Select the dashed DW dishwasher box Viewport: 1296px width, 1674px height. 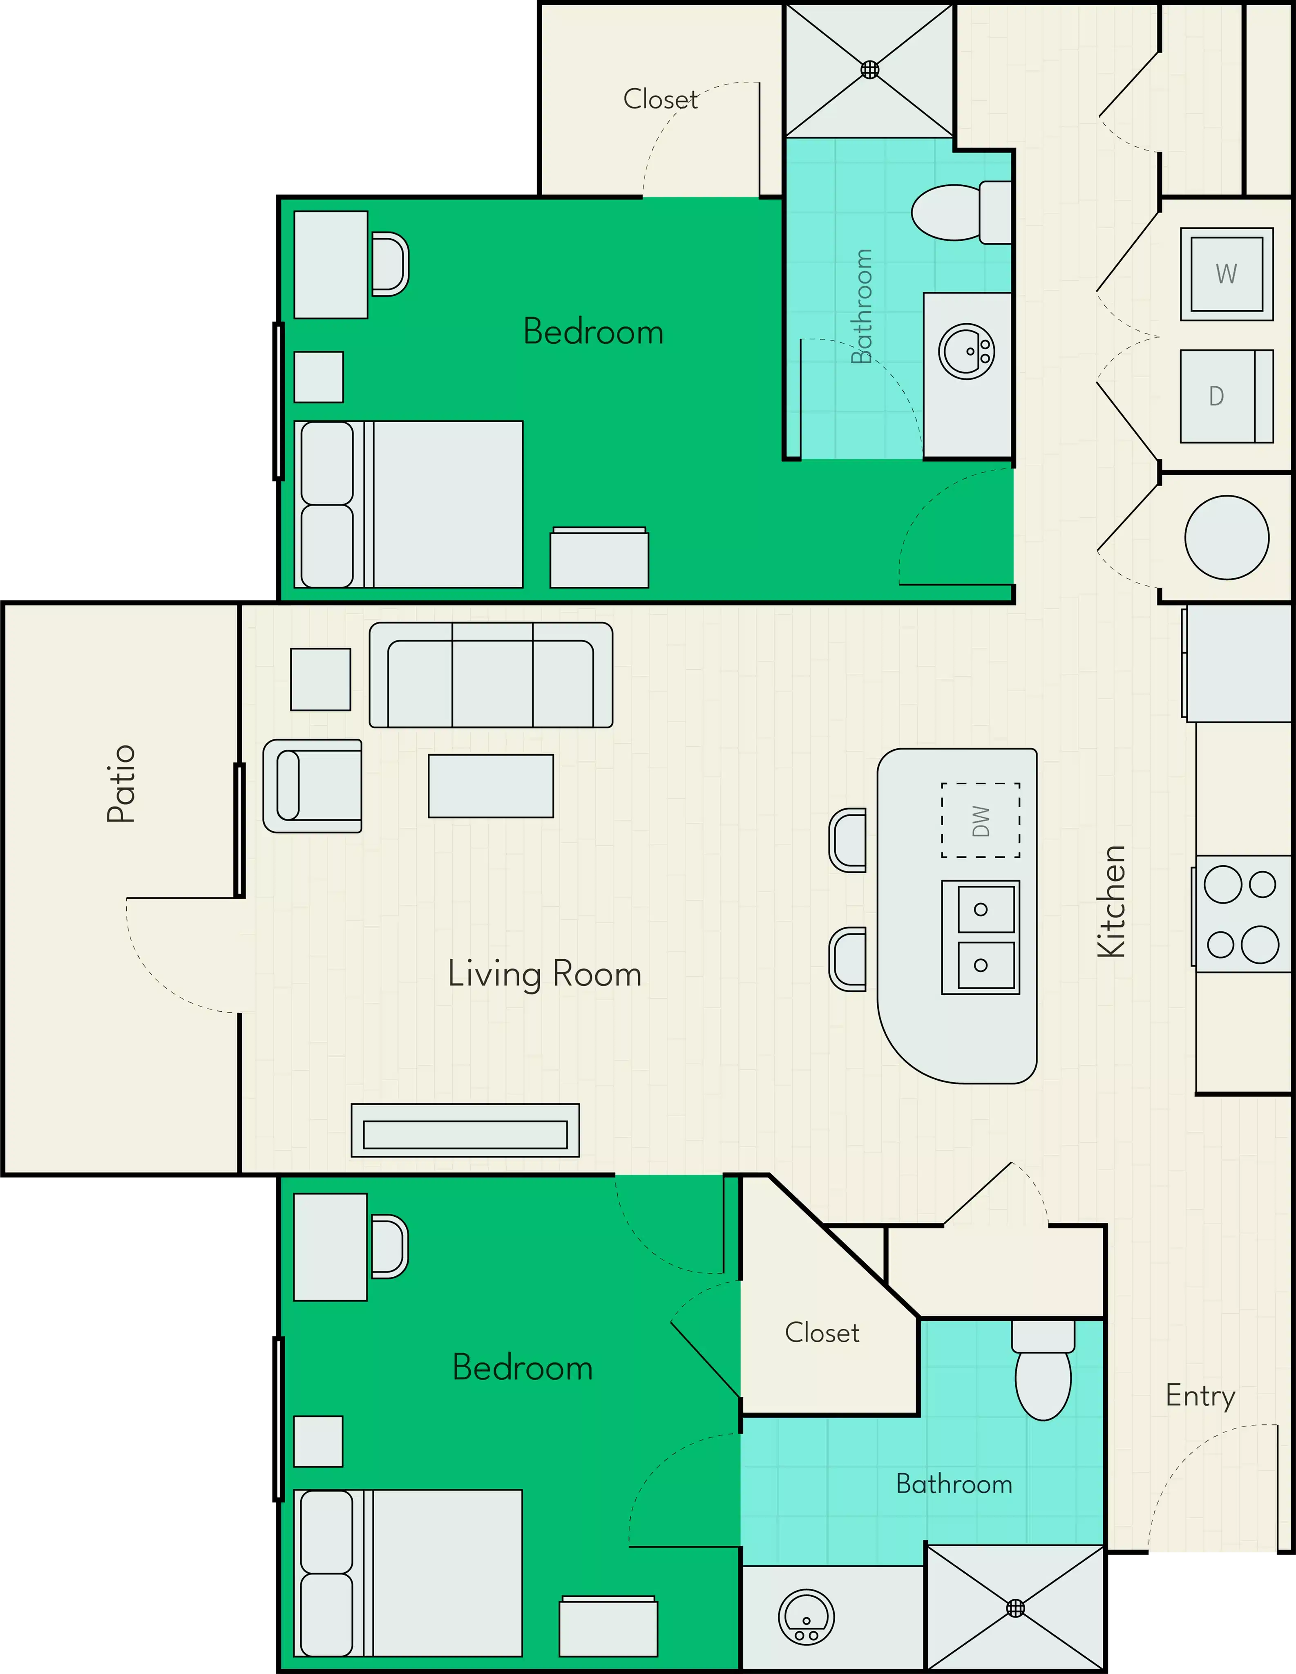point(980,820)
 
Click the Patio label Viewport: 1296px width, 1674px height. point(121,783)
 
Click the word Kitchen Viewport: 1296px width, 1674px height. point(1111,902)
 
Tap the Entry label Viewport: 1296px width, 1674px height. point(1200,1396)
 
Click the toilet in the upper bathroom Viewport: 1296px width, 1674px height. point(958,213)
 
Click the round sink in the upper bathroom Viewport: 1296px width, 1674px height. point(966,352)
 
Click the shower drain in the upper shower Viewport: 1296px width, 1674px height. point(870,70)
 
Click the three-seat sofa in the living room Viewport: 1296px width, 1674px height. point(491,675)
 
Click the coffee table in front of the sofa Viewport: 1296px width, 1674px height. point(491,786)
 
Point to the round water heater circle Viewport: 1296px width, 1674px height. point(1226,537)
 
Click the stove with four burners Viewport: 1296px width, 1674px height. point(1242,914)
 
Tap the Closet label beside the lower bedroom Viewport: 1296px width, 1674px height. point(822,1333)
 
